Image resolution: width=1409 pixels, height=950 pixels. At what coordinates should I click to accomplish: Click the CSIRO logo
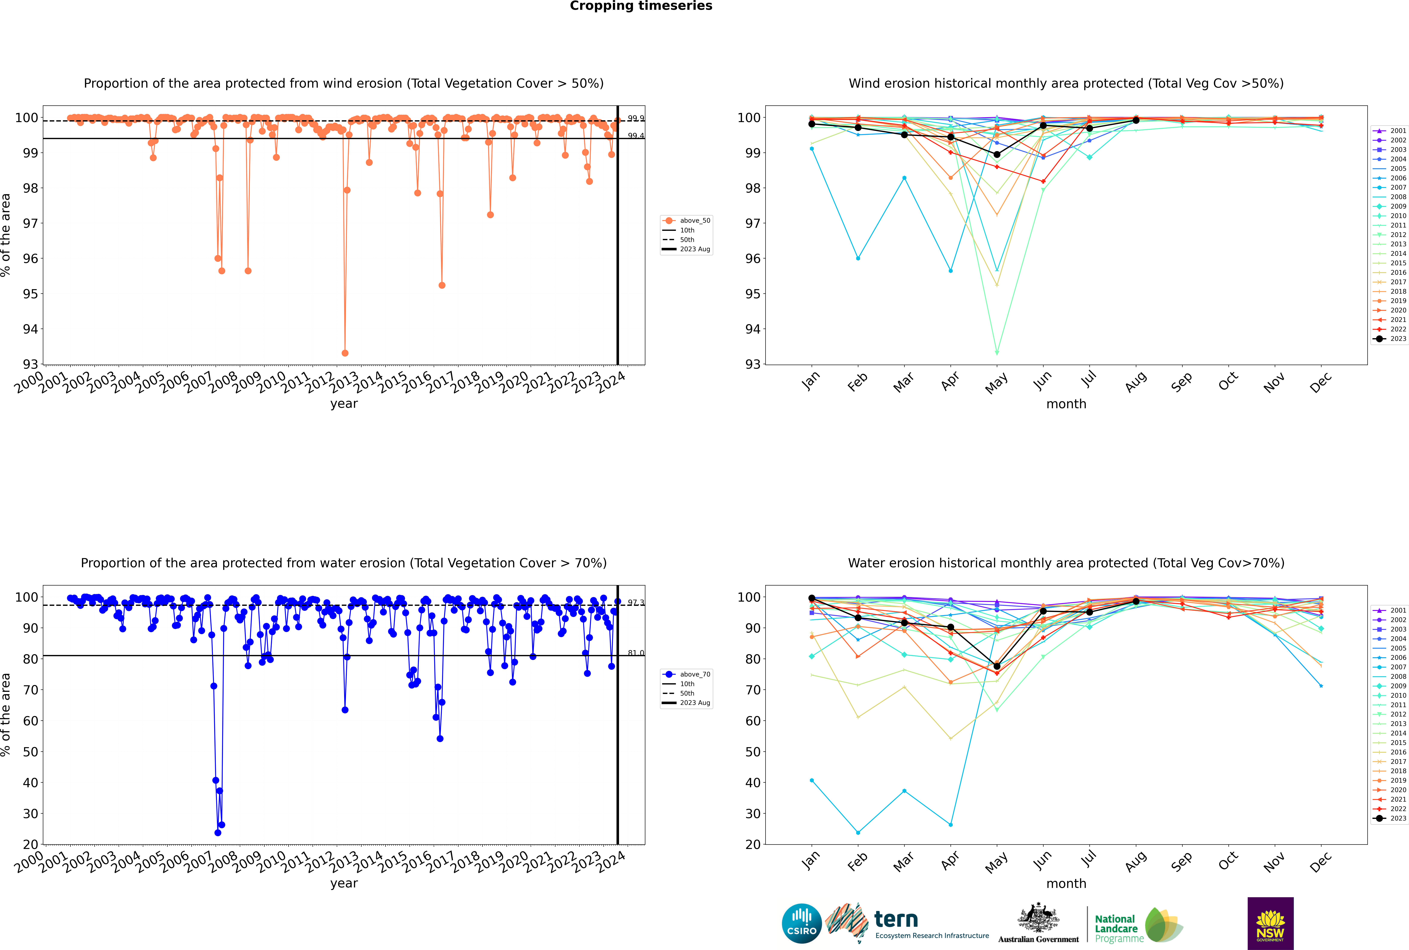[801, 923]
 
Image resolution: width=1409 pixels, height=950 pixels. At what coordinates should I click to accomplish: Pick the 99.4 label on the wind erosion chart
[635, 136]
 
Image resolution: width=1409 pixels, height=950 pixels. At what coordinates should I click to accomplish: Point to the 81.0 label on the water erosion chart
[635, 653]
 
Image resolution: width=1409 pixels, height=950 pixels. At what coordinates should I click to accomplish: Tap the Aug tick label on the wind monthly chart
[1135, 382]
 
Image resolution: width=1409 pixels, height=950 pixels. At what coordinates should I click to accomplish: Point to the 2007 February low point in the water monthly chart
[858, 832]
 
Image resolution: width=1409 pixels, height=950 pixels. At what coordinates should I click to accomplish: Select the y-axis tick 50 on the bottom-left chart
[30, 752]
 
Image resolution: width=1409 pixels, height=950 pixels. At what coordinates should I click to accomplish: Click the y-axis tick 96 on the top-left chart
[30, 259]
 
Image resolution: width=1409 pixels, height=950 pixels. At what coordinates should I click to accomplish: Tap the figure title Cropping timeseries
[641, 6]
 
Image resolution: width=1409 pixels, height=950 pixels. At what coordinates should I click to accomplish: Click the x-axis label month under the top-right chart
[1066, 404]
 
